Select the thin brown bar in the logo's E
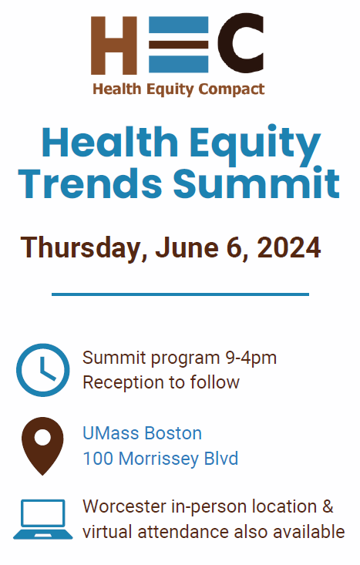click(x=178, y=45)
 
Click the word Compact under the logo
click(x=231, y=89)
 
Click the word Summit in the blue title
click(x=256, y=182)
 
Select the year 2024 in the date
click(x=289, y=247)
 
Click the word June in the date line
click(x=187, y=247)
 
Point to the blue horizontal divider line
click(x=180, y=294)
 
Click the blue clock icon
click(x=43, y=370)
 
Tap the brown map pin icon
click(x=42, y=446)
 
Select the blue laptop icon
click(x=43, y=520)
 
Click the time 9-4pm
click(x=251, y=358)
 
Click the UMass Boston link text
click(x=143, y=433)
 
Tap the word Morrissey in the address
click(x=159, y=459)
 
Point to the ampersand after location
click(x=328, y=506)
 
